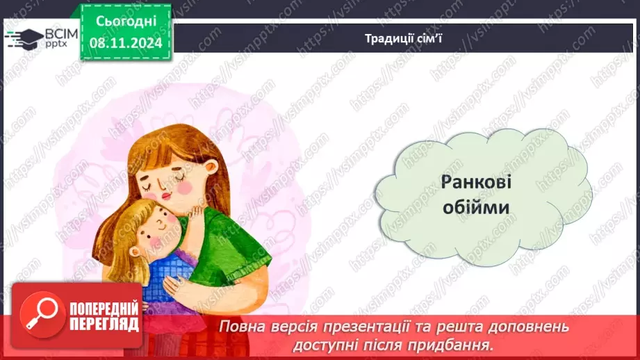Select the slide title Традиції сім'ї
[x=404, y=38]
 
